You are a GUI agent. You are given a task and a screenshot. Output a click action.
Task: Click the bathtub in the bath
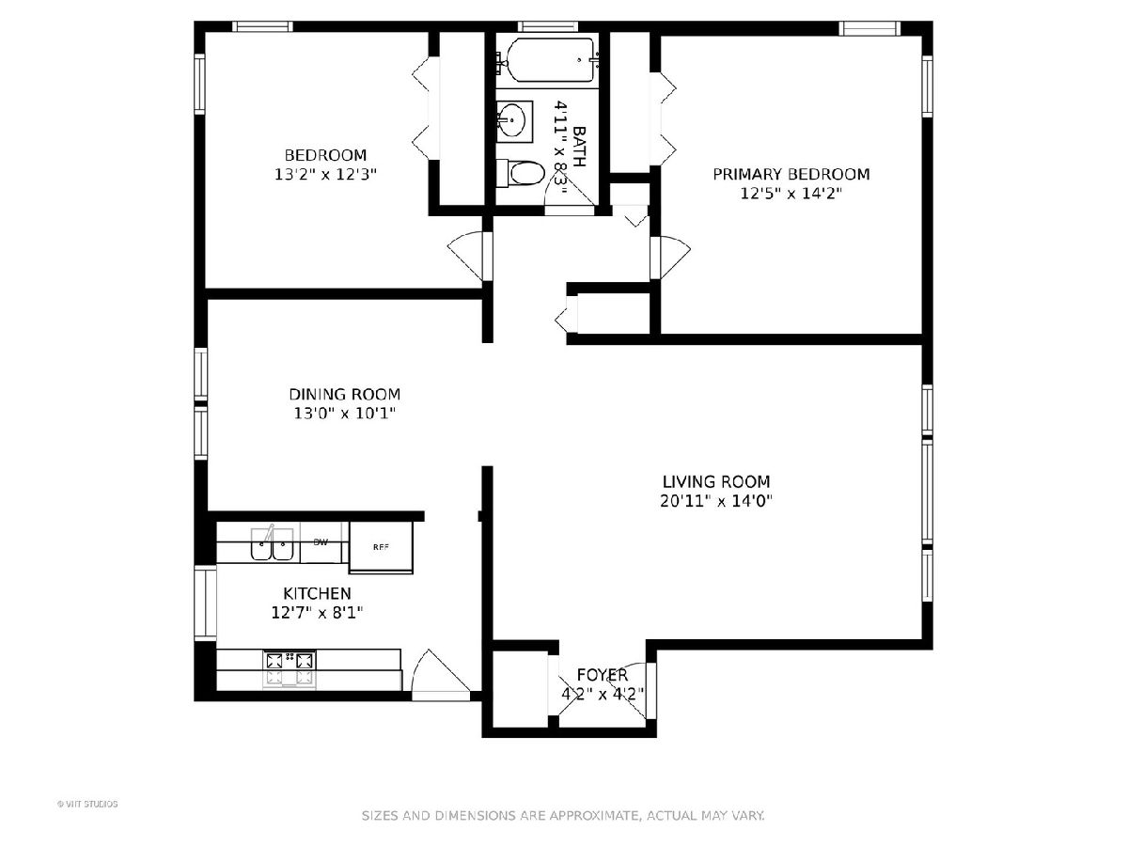[552, 60]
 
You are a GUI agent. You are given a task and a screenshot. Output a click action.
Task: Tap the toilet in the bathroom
[520, 173]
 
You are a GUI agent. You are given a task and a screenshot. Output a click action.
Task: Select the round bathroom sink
[512, 121]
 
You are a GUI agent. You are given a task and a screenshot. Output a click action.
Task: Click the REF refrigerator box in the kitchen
[381, 547]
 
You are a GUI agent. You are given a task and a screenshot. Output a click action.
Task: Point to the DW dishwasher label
[321, 542]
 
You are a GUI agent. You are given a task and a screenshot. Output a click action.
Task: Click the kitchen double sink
[272, 543]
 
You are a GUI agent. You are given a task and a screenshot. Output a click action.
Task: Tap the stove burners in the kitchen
[290, 668]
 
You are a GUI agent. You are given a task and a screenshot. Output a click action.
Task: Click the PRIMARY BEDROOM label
[791, 175]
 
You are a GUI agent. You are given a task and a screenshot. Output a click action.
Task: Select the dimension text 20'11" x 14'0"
[716, 501]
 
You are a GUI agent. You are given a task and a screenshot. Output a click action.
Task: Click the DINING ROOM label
[344, 395]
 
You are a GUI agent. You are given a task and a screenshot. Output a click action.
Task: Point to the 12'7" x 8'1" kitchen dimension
[317, 613]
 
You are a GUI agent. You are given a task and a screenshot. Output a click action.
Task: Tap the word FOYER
[603, 674]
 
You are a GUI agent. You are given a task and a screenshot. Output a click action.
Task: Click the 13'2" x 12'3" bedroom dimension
[325, 175]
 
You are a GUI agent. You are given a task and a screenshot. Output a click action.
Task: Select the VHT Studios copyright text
[87, 804]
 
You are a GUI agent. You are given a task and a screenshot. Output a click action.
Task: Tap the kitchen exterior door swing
[441, 673]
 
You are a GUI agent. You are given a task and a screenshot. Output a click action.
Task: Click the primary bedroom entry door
[669, 258]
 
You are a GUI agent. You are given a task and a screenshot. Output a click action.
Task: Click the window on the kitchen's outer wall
[205, 603]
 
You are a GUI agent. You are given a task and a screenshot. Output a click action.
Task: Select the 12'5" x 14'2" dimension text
[791, 194]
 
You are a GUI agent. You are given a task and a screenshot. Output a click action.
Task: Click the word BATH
[579, 147]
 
